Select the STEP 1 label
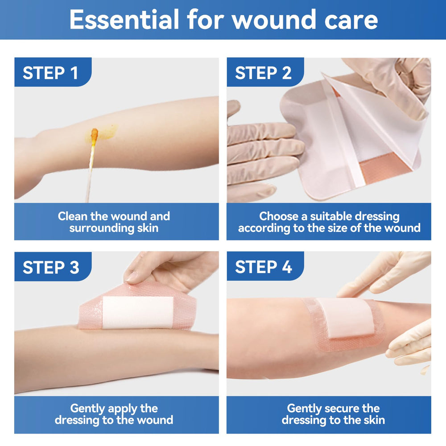coord(50,73)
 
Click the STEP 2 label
coord(264,73)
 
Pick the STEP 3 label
coord(51,267)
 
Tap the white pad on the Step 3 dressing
coord(138,313)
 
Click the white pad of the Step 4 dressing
coord(345,318)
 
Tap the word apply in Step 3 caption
coord(122,409)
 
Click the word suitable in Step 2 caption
coord(330,216)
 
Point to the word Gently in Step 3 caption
coord(87,409)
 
